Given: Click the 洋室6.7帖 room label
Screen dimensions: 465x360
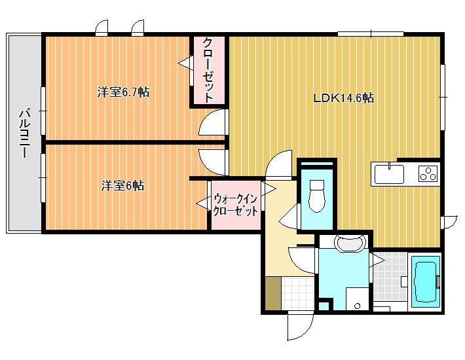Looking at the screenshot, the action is (123, 92).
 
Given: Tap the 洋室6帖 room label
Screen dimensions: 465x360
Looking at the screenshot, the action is (122, 186).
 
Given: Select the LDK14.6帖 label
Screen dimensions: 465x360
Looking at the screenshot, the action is (344, 98).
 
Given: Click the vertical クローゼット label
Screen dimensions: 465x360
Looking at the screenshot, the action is (208, 71).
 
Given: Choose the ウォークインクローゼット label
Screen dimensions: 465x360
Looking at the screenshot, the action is (236, 205).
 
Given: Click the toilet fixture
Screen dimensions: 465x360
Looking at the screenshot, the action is (317, 196).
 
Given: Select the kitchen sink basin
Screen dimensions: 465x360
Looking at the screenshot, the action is (389, 174).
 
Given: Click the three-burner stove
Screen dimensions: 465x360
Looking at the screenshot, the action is (428, 174).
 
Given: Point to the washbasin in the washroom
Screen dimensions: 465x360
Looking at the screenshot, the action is (350, 243).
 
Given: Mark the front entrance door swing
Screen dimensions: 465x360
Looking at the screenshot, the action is (301, 325).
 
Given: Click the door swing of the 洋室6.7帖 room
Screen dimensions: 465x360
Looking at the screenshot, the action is (213, 123).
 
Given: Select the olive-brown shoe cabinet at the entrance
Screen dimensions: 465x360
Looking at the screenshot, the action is (273, 293).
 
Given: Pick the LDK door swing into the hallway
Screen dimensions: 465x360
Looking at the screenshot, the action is (279, 165).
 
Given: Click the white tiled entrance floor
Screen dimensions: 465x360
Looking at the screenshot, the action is (297, 293).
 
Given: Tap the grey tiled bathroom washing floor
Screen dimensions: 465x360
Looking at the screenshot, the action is (390, 276).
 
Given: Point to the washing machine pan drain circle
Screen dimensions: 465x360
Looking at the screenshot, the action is (358, 306).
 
